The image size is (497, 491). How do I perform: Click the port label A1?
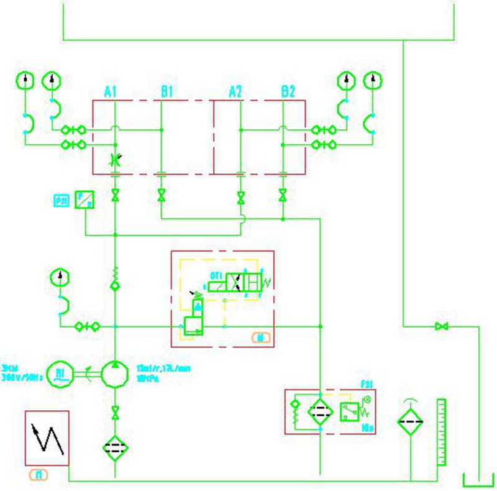(x=111, y=93)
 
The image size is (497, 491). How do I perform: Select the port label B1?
(x=166, y=93)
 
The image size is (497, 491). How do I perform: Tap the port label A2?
(x=235, y=93)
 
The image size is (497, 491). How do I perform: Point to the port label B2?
(x=288, y=93)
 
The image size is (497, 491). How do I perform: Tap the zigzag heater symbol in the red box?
(x=47, y=438)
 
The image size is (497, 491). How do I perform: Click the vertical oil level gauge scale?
(x=442, y=432)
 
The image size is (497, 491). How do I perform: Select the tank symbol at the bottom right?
(x=479, y=480)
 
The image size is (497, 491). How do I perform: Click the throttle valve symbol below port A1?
(x=115, y=160)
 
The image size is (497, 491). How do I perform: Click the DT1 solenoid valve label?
(x=216, y=274)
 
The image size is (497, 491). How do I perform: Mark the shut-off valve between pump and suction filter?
(x=115, y=412)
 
